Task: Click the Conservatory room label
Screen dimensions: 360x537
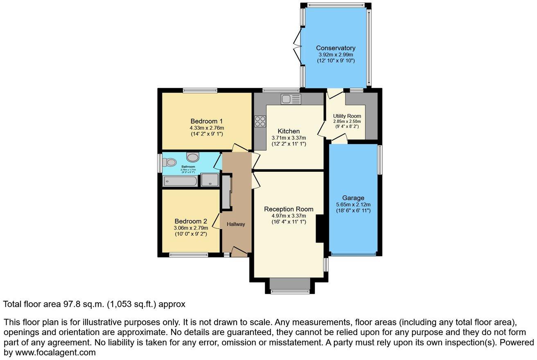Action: pyautogui.click(x=336, y=48)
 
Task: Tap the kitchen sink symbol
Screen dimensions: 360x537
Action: pyautogui.click(x=291, y=99)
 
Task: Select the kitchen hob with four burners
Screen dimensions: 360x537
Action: pyautogui.click(x=260, y=121)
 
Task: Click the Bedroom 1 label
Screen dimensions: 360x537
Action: pyautogui.click(x=206, y=121)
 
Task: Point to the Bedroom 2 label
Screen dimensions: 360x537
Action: pyautogui.click(x=191, y=221)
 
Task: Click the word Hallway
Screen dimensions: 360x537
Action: pyautogui.click(x=236, y=224)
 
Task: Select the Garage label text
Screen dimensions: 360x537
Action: pyautogui.click(x=353, y=198)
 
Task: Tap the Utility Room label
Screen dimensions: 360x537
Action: pyautogui.click(x=347, y=116)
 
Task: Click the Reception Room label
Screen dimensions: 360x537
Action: pyautogui.click(x=289, y=209)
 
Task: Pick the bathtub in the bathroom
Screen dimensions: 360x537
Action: pyautogui.click(x=180, y=181)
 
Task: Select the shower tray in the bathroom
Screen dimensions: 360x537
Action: pyautogui.click(x=210, y=180)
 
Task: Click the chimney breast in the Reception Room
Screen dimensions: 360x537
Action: pyautogui.click(x=320, y=229)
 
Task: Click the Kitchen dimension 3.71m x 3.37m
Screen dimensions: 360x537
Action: pyautogui.click(x=289, y=138)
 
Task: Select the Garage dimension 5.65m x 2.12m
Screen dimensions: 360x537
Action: pyautogui.click(x=353, y=204)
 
